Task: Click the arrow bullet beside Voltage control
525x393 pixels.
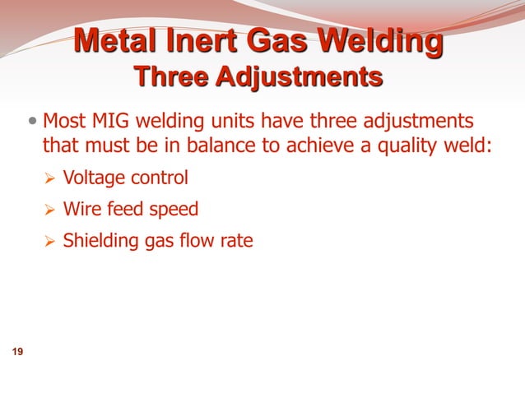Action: point(49,178)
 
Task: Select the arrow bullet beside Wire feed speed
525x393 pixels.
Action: point(49,210)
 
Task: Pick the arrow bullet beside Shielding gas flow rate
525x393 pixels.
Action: point(49,242)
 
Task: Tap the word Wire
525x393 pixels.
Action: point(81,210)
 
